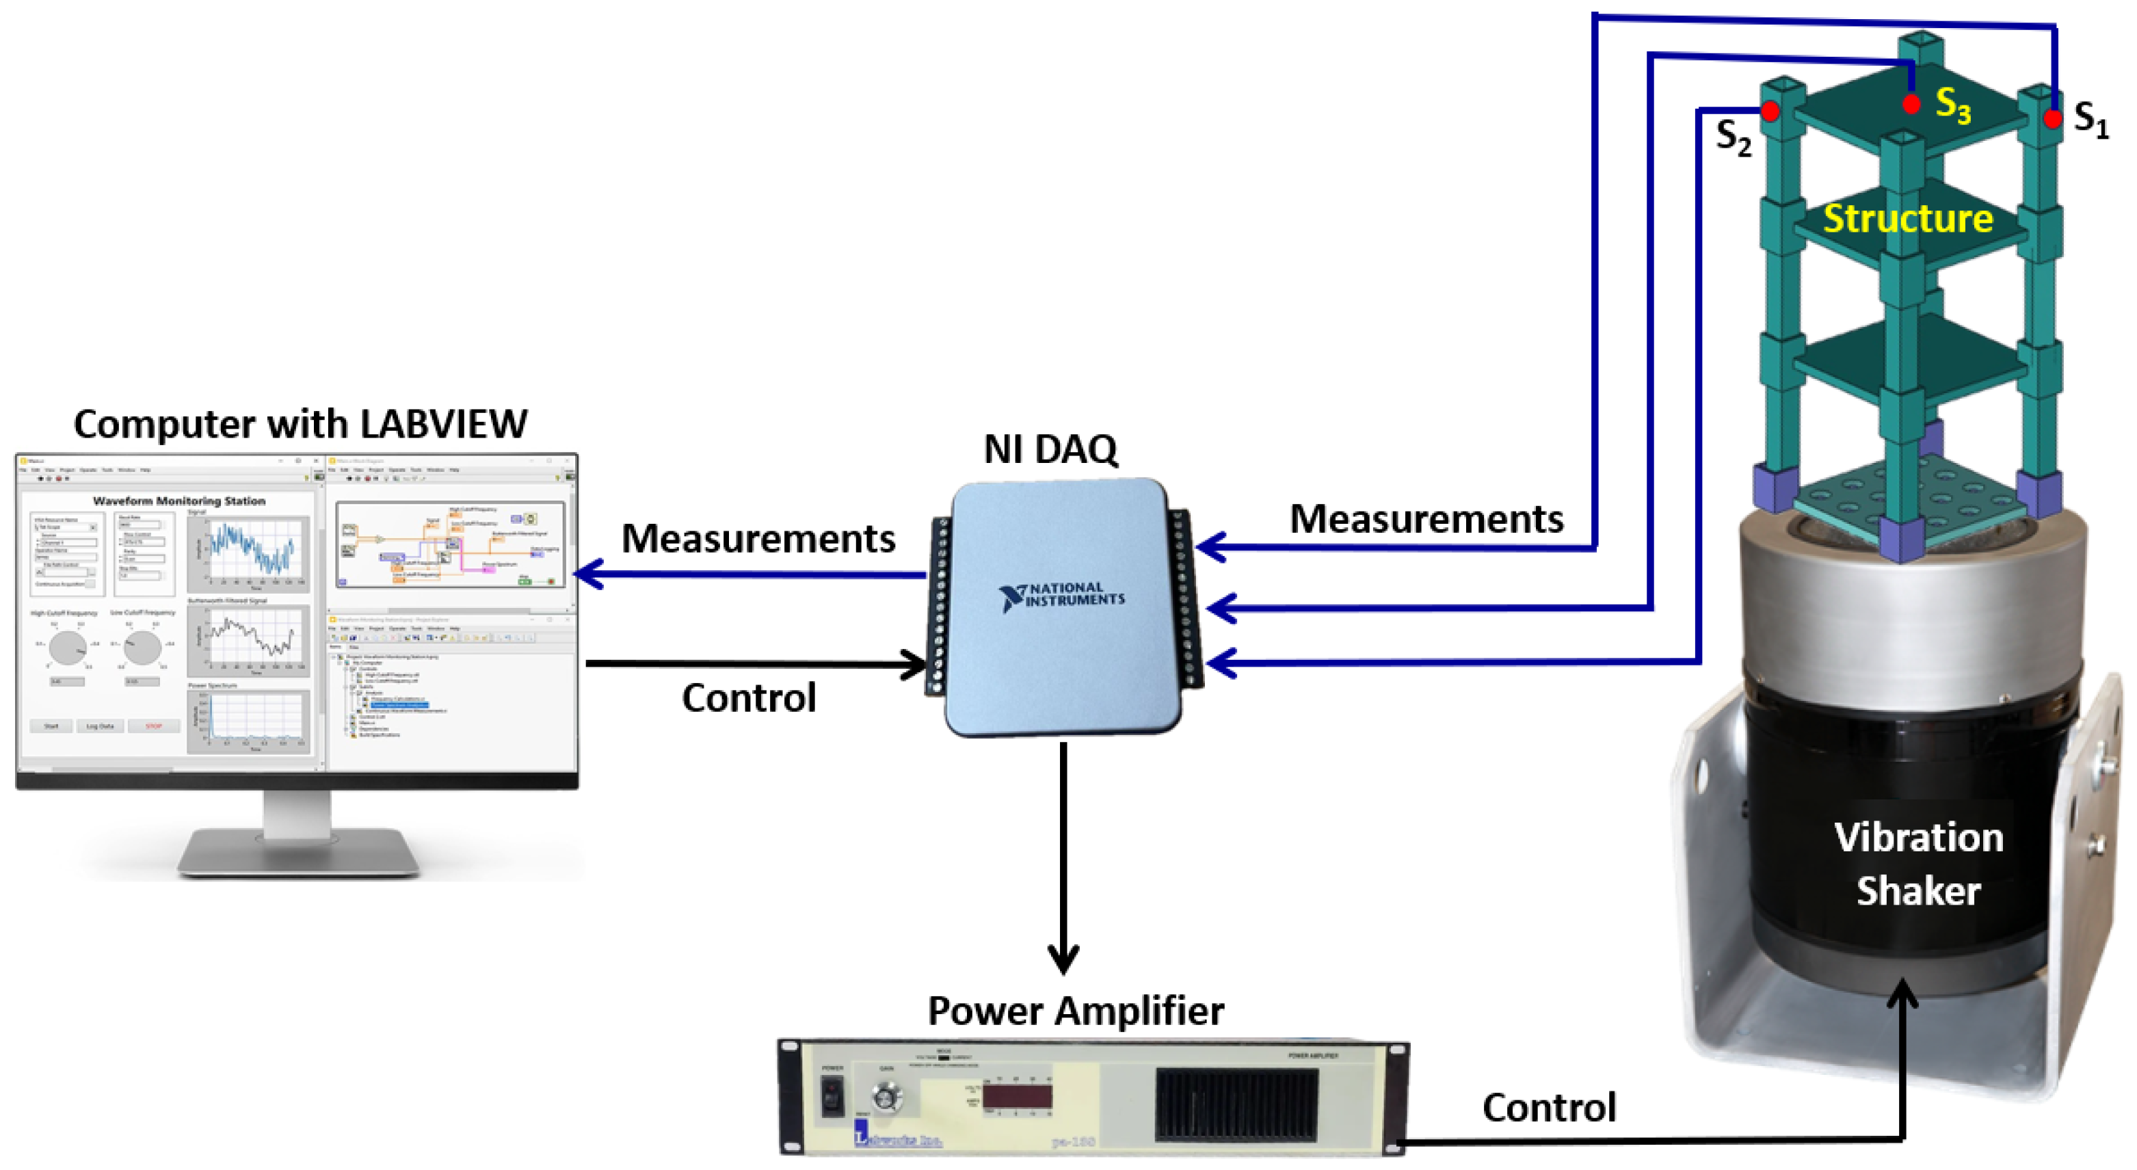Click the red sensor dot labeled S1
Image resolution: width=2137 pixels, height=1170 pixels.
2052,119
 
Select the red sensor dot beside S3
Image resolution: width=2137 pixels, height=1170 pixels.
1911,105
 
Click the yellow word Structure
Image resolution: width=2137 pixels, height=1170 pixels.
1907,219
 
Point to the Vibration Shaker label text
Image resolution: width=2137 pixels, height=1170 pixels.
1918,864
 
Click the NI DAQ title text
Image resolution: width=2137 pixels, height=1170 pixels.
1050,449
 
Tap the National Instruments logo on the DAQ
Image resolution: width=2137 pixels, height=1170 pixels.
1062,596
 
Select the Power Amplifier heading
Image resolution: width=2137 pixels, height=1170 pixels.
1075,1011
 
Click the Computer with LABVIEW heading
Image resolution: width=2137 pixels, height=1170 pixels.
300,424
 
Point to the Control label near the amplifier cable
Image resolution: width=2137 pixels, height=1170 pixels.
1549,1108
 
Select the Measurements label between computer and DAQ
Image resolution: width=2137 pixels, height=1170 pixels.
758,539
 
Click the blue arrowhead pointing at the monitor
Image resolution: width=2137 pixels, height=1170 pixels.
587,574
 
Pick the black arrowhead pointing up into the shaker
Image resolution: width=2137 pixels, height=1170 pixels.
1902,992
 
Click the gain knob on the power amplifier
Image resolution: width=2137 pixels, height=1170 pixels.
888,1097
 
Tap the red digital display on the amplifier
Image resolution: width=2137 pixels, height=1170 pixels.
1017,1096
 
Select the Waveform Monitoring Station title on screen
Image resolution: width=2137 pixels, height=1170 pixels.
179,501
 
